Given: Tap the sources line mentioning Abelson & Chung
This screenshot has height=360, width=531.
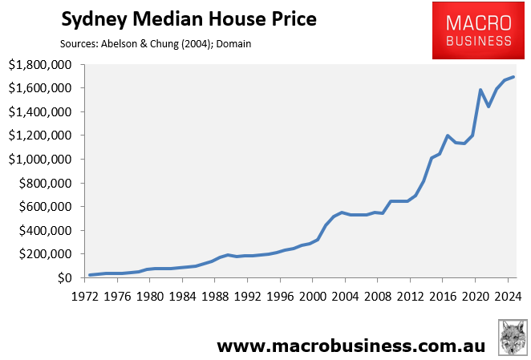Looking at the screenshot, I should click(x=156, y=43).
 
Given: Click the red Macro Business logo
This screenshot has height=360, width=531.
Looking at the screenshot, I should click(x=472, y=31).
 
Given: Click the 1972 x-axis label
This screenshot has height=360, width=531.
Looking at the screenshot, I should click(x=89, y=296).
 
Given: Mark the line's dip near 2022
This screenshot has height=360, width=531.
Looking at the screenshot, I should click(x=488, y=107).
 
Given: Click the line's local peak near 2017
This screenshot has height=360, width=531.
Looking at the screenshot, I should click(x=448, y=136).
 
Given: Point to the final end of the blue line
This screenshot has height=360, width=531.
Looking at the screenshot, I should click(x=513, y=77).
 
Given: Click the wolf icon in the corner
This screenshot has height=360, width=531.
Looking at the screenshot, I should click(x=512, y=338).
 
